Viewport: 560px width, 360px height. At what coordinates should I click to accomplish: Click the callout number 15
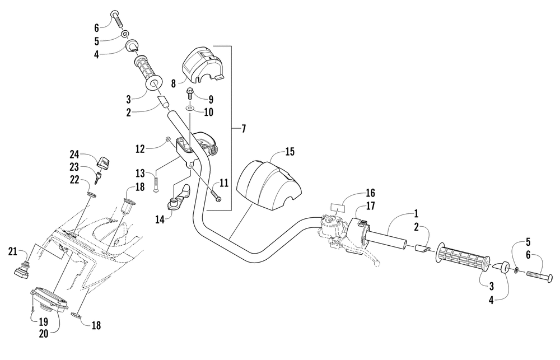click(290, 151)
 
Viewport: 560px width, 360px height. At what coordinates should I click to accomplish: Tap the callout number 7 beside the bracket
click(244, 129)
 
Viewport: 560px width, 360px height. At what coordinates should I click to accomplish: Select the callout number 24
click(74, 155)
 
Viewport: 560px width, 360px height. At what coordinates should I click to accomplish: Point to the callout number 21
click(12, 252)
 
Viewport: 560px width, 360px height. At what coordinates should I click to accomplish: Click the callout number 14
click(160, 219)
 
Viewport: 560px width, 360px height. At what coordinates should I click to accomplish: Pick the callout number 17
click(370, 205)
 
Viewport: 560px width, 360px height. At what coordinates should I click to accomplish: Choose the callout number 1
click(416, 213)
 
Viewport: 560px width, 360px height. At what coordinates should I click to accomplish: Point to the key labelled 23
click(98, 177)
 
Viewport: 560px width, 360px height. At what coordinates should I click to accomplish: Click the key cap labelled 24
click(103, 163)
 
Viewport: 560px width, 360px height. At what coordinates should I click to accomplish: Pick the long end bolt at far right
click(539, 275)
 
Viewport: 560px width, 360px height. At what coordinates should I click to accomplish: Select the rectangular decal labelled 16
click(338, 208)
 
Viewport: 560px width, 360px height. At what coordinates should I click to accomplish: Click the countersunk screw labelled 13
click(156, 183)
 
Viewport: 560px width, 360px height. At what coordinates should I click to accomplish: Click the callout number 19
click(43, 322)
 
